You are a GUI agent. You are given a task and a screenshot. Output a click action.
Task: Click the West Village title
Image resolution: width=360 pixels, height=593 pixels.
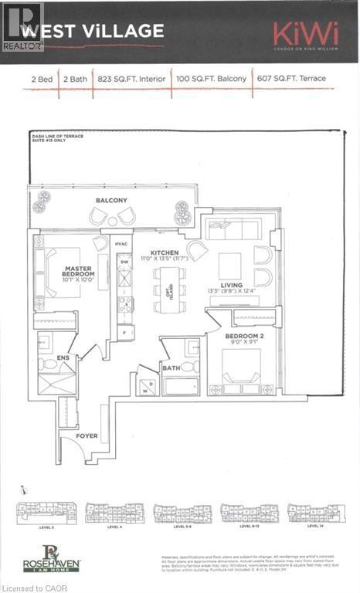click(92, 31)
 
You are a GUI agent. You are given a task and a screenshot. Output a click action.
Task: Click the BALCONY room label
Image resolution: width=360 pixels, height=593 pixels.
click(112, 201)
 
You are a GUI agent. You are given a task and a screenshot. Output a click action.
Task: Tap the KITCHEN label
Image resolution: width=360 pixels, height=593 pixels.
click(165, 253)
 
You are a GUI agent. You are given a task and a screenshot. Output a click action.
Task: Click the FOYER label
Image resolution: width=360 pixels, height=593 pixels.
click(87, 435)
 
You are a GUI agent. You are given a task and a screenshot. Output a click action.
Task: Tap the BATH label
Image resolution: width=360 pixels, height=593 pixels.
click(171, 368)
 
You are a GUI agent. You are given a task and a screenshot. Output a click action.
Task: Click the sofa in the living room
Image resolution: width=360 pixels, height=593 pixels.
click(233, 229)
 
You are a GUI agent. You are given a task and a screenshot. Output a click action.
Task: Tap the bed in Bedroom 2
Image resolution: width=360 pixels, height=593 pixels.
click(241, 368)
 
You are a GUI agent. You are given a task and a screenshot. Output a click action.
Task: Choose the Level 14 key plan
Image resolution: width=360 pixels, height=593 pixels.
click(315, 513)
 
